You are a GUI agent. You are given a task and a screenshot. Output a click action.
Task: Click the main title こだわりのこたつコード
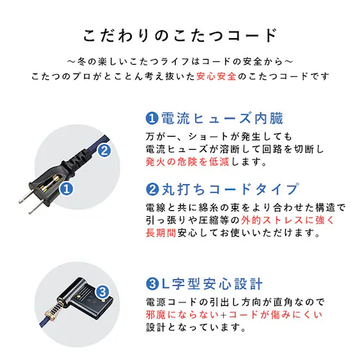coord(180,35)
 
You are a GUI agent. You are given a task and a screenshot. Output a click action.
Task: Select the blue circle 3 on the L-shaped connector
coord(103,292)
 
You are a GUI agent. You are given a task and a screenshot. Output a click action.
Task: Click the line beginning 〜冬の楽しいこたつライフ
coord(180,60)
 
